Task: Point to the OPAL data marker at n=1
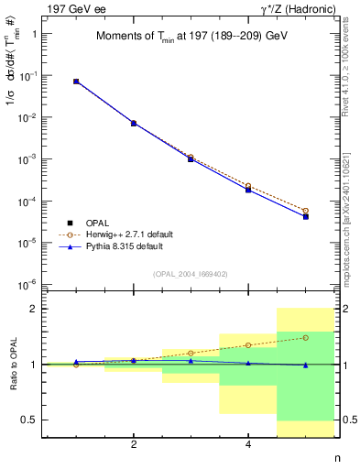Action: pyautogui.click(x=76, y=82)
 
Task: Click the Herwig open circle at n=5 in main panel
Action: pyautogui.click(x=306, y=211)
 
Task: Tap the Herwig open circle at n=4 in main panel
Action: pyautogui.click(x=248, y=186)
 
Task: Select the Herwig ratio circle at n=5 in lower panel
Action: pyautogui.click(x=306, y=337)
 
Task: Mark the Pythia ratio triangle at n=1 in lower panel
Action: pyautogui.click(x=76, y=362)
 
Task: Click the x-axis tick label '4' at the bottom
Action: pyautogui.click(x=248, y=445)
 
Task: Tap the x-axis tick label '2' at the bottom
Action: pyautogui.click(x=134, y=445)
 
